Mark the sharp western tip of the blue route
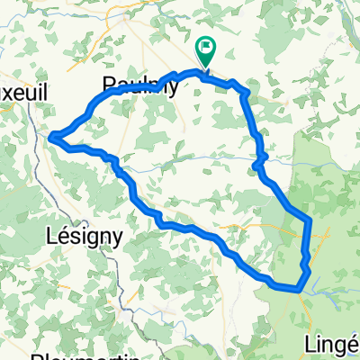pyautogui.click(x=50, y=137)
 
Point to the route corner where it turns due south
pyautogui.click(x=309, y=220)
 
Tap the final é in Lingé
pyautogui.click(x=354, y=346)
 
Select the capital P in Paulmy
pyautogui.click(x=109, y=85)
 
